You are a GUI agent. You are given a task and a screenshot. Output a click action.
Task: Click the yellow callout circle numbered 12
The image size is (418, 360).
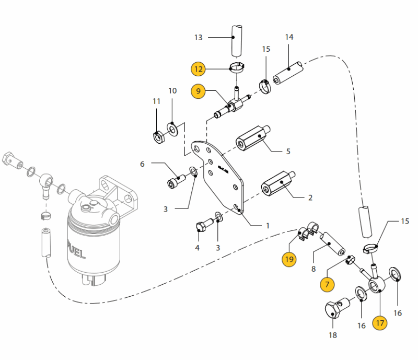coord(198,69)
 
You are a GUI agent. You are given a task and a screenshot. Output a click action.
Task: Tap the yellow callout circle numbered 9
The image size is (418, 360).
coord(198,91)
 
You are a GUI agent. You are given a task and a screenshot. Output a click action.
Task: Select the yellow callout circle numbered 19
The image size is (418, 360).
coord(289,259)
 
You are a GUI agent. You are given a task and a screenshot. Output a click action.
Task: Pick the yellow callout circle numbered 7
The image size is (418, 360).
coord(327,285)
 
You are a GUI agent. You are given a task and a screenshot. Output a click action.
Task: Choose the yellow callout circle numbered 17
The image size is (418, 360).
coord(380,323)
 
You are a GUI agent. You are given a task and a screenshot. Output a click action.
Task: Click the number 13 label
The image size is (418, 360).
coord(199,38)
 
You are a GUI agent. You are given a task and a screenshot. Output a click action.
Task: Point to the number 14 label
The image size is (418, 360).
coord(289,37)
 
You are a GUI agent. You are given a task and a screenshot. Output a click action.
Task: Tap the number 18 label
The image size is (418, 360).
coord(333,335)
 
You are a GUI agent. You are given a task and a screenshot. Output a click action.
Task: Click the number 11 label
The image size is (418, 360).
coord(156,101)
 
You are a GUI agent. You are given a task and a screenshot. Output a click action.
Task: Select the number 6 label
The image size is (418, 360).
coord(142,164)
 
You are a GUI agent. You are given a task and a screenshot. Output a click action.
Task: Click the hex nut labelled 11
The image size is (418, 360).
coord(159,137)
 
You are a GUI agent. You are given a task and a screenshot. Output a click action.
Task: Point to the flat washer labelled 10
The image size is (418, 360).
coord(173,130)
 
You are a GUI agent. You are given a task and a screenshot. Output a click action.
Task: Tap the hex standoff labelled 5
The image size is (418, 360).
coord(253,138)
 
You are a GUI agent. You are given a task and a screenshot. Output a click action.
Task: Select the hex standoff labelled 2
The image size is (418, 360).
coord(278,184)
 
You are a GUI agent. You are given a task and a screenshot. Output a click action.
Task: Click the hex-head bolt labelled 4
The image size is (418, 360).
coord(205,225)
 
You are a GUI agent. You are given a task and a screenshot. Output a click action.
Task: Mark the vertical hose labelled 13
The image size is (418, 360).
coord(237,41)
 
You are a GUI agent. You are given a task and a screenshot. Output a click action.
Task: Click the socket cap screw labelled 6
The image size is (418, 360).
coord(176,181)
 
